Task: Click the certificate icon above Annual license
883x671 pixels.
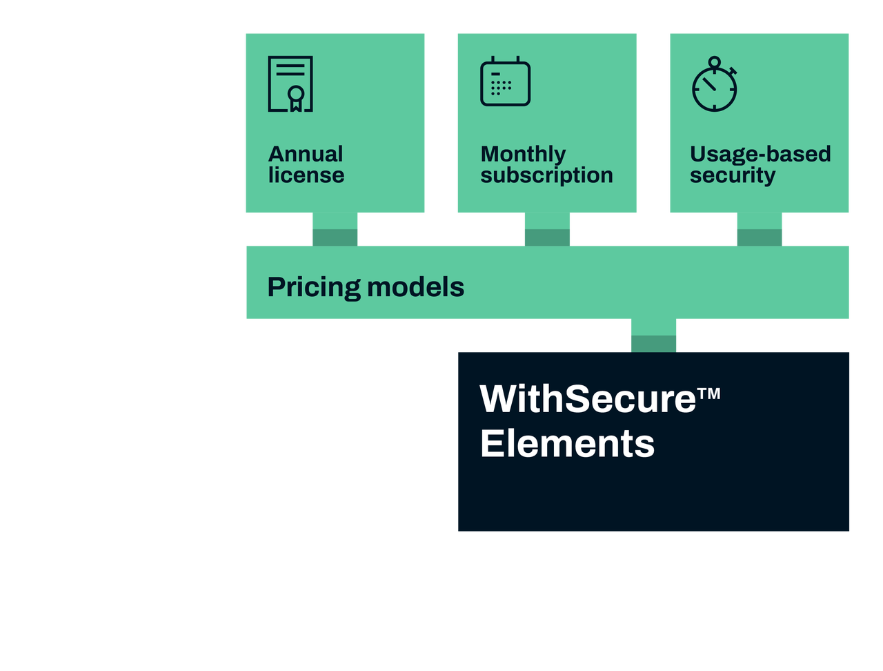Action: [290, 84]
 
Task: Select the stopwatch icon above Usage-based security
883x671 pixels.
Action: [715, 86]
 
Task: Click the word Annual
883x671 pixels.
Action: [305, 153]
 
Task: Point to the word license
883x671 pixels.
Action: [306, 175]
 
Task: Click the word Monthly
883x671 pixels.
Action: [523, 153]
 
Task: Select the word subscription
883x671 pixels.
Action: [546, 175]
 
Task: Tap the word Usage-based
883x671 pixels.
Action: [760, 153]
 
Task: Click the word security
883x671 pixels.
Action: [732, 175]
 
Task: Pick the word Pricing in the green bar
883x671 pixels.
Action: [313, 287]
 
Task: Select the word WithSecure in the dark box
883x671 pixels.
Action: [588, 399]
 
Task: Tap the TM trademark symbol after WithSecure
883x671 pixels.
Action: [709, 393]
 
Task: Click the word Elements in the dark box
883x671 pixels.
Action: [567, 443]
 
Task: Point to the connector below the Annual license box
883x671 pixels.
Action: [335, 230]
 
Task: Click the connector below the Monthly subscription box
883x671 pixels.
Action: [547, 230]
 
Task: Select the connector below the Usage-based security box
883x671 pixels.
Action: [760, 230]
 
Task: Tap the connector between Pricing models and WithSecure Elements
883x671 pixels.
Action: [654, 336]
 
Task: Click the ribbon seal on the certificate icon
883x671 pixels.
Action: [295, 96]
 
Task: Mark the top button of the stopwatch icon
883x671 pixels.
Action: [715, 61]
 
